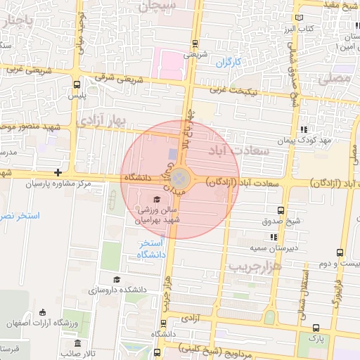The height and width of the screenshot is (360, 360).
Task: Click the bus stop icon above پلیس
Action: [77, 84]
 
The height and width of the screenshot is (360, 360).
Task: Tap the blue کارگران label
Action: [227, 63]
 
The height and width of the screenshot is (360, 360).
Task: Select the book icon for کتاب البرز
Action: [301, 18]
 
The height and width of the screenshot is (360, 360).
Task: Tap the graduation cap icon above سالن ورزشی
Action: [156, 198]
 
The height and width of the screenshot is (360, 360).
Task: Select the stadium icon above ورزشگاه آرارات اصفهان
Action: [43, 312]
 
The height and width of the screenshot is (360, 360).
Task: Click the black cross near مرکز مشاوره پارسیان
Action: [58, 172]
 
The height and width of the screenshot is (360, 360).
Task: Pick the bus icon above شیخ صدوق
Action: [282, 210]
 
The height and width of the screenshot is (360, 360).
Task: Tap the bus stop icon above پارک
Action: [316, 327]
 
